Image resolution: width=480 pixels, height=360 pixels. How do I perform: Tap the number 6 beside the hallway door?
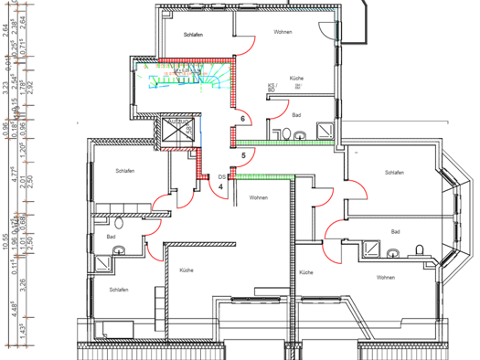[242, 120]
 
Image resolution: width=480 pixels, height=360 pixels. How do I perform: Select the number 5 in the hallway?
[243, 156]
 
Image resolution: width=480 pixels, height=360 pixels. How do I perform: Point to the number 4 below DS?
[220, 186]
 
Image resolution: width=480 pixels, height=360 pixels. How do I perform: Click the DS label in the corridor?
[221, 175]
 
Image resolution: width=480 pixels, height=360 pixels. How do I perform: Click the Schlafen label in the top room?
[193, 35]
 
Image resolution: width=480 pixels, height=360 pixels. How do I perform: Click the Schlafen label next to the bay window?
[395, 173]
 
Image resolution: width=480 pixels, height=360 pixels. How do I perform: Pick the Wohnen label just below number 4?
[258, 197]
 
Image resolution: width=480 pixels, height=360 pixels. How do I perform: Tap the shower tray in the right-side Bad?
[372, 248]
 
